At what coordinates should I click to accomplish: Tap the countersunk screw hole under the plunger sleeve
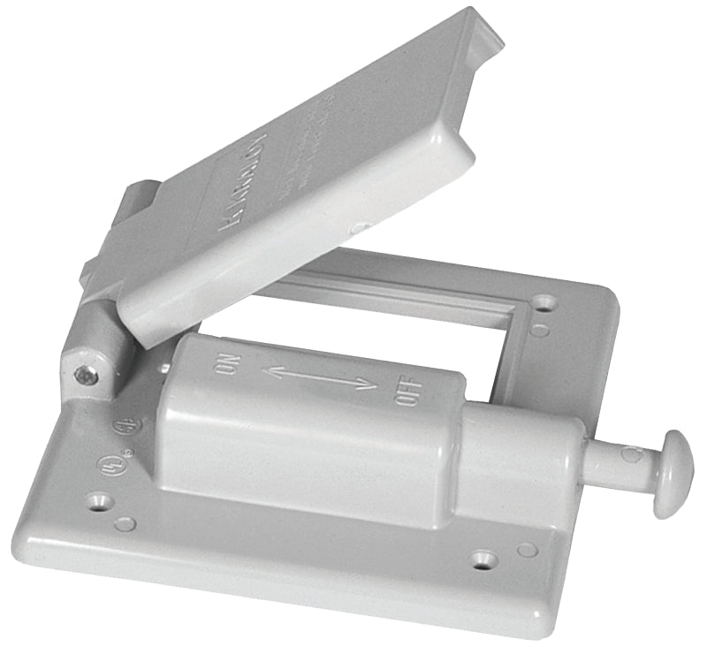coord(483,559)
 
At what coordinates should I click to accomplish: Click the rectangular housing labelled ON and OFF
coord(309,424)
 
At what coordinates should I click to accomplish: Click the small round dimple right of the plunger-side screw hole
coord(527,550)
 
